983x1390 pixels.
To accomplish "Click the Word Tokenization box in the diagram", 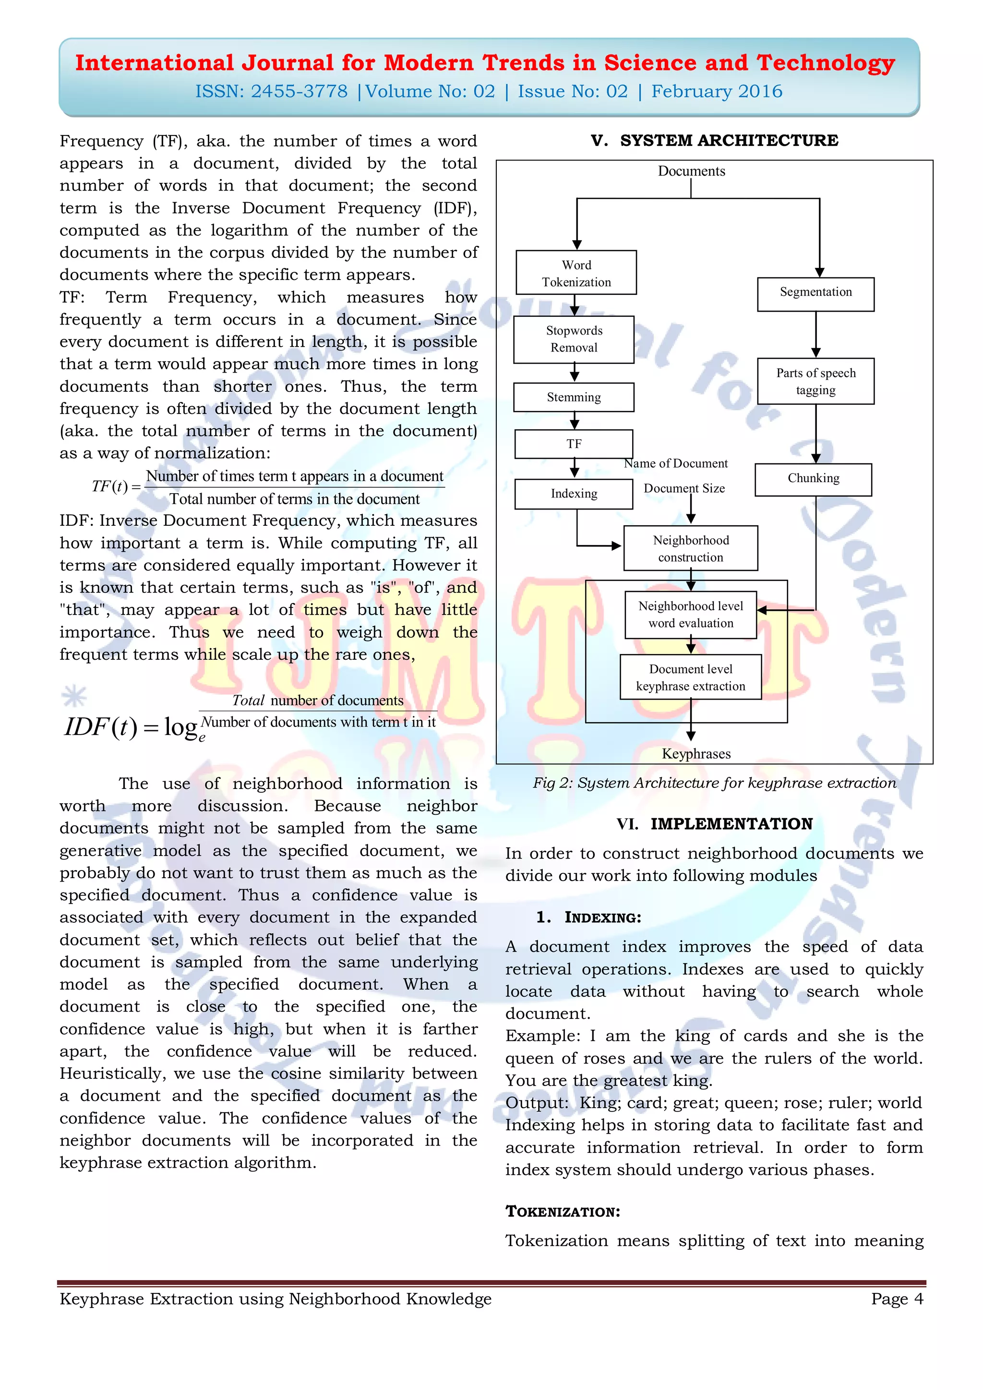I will (576, 272).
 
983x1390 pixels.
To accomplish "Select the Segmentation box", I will (815, 294).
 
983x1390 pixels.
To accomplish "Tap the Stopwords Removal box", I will (574, 339).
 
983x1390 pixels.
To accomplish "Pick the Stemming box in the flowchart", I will (574, 397).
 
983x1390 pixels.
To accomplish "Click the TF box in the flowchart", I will (574, 444).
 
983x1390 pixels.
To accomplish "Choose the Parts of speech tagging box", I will (815, 381).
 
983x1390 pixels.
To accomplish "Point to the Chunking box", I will (814, 480).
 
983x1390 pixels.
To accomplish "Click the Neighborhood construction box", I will (691, 548).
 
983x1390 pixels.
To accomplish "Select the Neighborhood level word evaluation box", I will (691, 615).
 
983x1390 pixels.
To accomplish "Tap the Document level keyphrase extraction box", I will (691, 677).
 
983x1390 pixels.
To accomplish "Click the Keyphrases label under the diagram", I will (696, 754).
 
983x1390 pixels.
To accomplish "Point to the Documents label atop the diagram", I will (691, 171).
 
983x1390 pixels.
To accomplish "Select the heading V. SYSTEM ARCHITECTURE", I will (714, 141).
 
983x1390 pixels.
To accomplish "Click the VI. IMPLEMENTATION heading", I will (714, 824).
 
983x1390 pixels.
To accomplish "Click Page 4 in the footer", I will (897, 1299).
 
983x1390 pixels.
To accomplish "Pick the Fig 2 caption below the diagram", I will (714, 783).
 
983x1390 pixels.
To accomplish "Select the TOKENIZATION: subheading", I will (563, 1211).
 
